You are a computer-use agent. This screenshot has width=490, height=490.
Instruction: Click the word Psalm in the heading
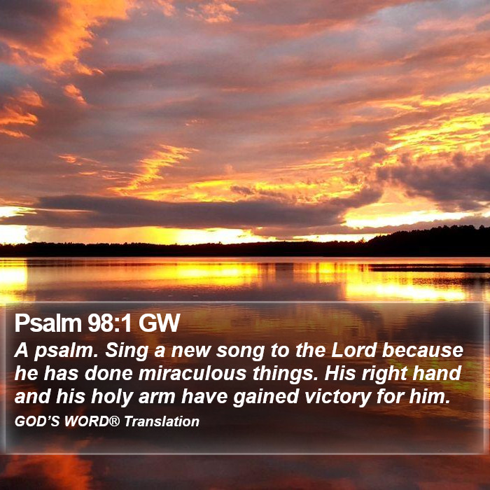pos(48,323)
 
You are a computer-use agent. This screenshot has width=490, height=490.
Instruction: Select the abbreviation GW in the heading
pos(160,323)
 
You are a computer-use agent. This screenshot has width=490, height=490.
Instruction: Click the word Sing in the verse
pos(126,351)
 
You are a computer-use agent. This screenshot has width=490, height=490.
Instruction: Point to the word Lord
pos(353,350)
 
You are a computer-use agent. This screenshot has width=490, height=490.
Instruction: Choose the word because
pos(423,350)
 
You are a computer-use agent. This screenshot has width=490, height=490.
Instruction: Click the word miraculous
pos(192,373)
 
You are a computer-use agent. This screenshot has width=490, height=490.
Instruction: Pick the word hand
pos(437,373)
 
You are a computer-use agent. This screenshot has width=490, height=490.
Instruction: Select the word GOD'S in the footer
pos(37,421)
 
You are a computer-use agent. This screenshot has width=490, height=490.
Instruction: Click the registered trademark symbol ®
pos(114,421)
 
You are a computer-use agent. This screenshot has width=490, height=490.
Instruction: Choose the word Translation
pos(162,421)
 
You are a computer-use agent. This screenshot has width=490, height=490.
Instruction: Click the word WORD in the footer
pos(86,421)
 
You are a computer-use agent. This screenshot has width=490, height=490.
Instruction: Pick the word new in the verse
pos(190,351)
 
